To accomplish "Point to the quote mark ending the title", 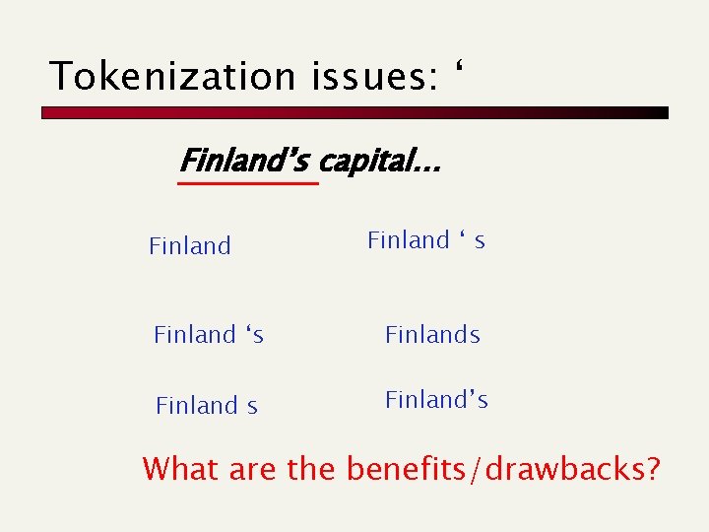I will point(458,68).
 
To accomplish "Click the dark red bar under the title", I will point(354,113).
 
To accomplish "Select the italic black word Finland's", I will point(246,161).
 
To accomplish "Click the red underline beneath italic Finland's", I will point(248,183).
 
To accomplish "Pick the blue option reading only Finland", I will point(190,246).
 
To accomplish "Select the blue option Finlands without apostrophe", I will point(432,335).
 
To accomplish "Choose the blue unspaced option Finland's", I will point(436,400).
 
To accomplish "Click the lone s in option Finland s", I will point(252,406).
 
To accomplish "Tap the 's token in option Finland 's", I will point(254,335).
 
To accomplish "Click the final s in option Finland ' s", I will point(480,241).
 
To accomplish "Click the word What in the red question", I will point(181,469).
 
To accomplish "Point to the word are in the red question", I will point(253,469).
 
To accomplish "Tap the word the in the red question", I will point(312,469).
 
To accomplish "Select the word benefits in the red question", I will point(407,469).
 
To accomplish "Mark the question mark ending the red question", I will point(651,469).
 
